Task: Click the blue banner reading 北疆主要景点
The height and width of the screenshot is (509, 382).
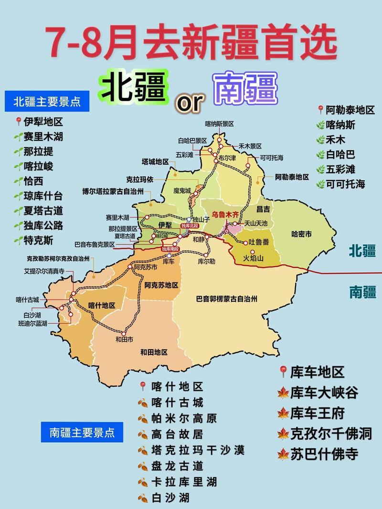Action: point(46,102)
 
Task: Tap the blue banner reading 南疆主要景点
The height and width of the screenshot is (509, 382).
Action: point(82,432)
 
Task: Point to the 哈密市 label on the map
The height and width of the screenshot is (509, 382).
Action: point(301,234)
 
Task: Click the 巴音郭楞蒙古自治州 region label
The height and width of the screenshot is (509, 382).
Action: point(227,299)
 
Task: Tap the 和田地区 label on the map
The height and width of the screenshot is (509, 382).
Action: point(154,352)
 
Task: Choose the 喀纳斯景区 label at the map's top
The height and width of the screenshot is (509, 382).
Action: point(219,124)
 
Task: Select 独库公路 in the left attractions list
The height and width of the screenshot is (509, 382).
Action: point(43,226)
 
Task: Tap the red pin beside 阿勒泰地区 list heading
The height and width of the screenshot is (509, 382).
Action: point(320,110)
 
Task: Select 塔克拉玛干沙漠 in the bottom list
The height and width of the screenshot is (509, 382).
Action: point(197,450)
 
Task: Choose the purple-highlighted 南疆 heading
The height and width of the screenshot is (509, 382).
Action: point(246,88)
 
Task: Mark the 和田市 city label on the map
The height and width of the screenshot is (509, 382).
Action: point(124,340)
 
